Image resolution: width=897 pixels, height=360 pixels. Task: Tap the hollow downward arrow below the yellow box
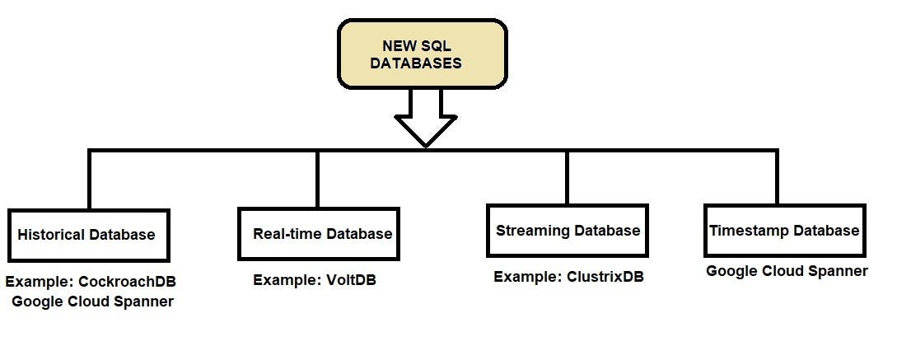(426, 119)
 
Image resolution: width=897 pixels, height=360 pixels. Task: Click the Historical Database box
(88, 235)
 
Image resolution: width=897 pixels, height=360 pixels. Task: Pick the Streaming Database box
(567, 231)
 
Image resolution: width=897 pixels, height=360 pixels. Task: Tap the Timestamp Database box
(783, 231)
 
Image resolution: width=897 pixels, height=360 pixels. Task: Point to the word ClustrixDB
(605, 277)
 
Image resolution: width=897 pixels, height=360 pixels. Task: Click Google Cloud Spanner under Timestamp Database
(787, 271)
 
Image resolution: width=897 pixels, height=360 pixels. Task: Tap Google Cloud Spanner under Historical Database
(93, 302)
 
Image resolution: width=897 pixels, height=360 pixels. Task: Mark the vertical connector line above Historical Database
(89, 180)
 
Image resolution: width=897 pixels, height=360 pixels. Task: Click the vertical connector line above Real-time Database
(318, 179)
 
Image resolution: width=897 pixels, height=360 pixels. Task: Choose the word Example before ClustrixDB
(527, 277)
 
